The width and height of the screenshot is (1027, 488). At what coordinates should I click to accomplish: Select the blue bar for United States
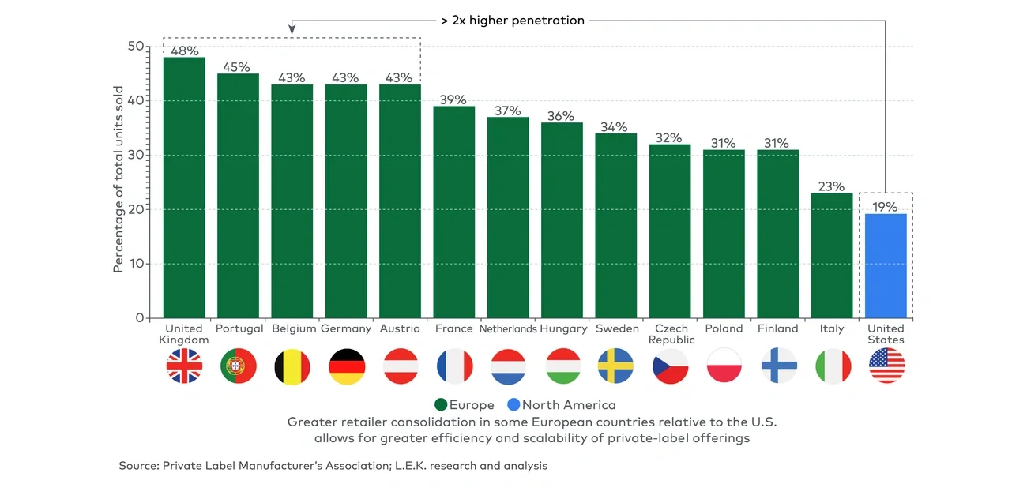[886, 265]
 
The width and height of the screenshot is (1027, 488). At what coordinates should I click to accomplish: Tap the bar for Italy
[832, 255]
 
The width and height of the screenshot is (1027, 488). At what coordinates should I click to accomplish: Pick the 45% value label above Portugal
[238, 67]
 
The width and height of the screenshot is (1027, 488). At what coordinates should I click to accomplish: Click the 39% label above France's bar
[453, 99]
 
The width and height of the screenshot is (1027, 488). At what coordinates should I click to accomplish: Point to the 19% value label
[886, 207]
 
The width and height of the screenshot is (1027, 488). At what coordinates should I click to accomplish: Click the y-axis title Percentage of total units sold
[118, 179]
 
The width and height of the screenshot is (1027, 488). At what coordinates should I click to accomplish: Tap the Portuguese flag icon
[238, 366]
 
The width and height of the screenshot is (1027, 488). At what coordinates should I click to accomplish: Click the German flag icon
[346, 366]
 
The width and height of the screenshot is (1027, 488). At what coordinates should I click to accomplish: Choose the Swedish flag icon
[616, 366]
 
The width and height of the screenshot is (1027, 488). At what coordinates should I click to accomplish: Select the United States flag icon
[886, 366]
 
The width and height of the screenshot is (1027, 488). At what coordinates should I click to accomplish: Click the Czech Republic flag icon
[670, 366]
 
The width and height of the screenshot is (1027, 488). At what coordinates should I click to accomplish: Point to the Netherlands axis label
[508, 328]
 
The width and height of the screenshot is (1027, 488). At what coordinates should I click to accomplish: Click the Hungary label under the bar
[562, 328]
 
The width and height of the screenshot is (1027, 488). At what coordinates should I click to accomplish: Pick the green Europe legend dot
[441, 405]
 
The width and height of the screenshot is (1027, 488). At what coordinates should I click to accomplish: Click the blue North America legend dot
[513, 405]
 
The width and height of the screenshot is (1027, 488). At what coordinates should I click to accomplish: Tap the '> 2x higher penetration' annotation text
[513, 21]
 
